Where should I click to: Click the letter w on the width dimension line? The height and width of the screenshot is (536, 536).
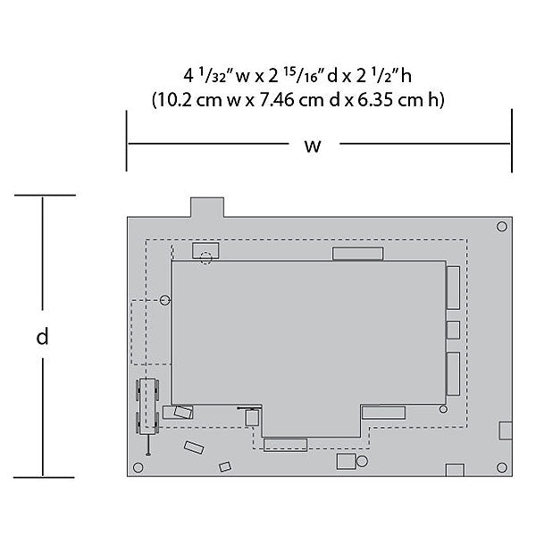pyautogui.click(x=313, y=146)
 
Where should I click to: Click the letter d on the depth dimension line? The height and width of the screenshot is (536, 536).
pyautogui.click(x=42, y=337)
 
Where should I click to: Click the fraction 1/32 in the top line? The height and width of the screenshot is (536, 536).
pyautogui.click(x=213, y=76)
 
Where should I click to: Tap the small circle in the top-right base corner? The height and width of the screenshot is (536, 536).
pyautogui.click(x=502, y=226)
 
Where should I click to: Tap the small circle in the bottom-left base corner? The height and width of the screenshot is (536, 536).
pyautogui.click(x=138, y=467)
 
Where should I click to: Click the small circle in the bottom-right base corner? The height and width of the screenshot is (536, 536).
pyautogui.click(x=502, y=467)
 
